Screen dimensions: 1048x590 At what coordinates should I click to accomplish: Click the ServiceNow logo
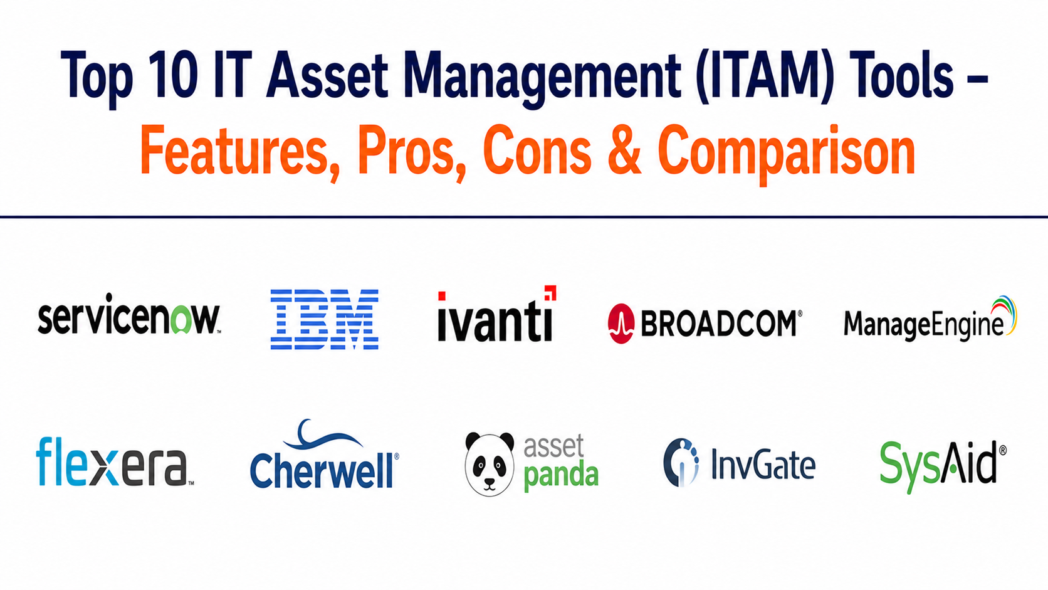(x=128, y=313)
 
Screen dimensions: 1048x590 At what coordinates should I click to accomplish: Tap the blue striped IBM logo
(x=324, y=319)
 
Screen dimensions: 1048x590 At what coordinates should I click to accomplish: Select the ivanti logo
(x=496, y=313)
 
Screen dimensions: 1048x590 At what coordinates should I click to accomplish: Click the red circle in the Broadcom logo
(x=621, y=324)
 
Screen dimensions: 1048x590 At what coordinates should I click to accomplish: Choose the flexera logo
(x=115, y=462)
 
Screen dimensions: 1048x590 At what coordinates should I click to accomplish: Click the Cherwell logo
(x=324, y=454)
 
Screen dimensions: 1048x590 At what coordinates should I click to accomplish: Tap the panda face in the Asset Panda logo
(x=490, y=464)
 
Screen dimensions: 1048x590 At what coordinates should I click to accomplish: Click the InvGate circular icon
(x=681, y=462)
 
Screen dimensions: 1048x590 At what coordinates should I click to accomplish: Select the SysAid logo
(x=943, y=466)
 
